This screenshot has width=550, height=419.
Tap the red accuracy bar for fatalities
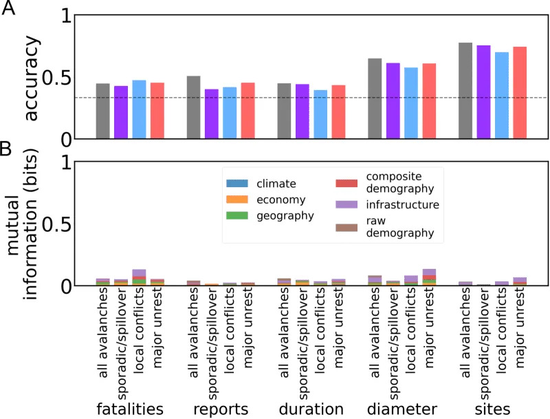tap(157, 111)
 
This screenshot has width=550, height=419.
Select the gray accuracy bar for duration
tap(284, 111)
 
